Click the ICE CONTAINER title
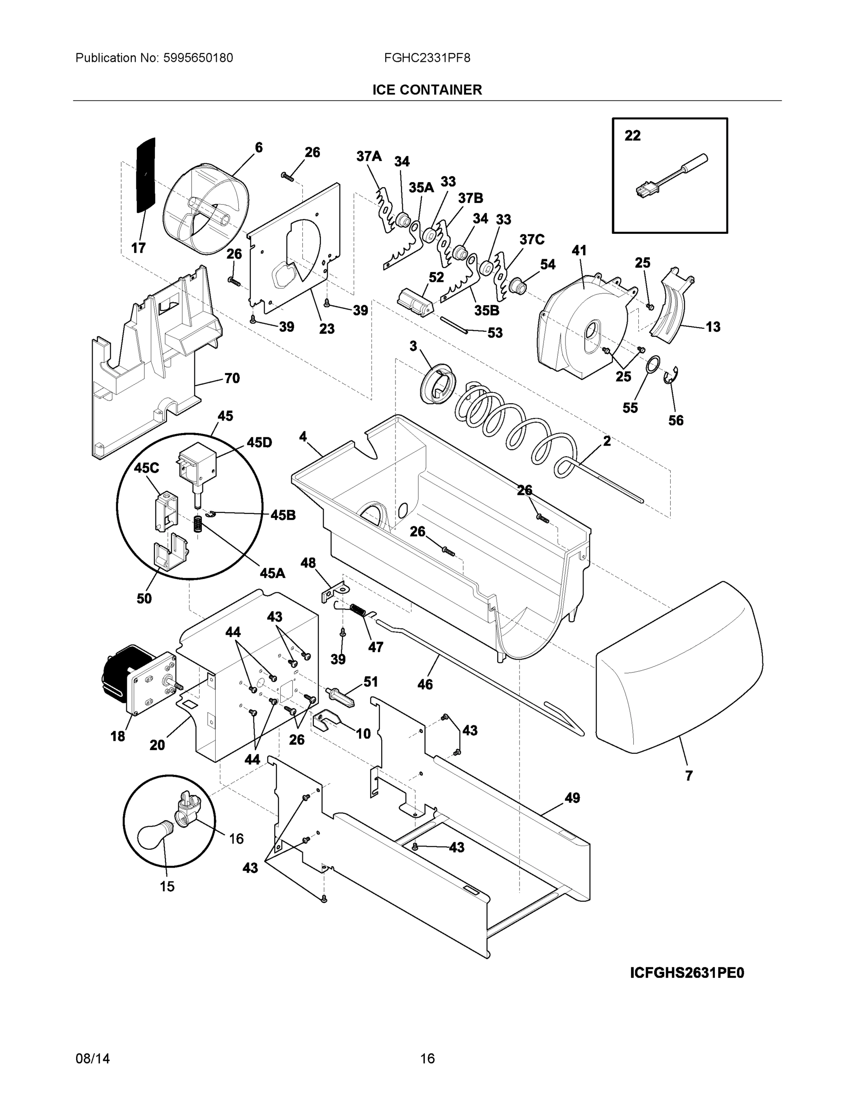click(x=427, y=90)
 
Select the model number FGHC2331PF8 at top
click(x=427, y=58)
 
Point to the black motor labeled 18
click(x=122, y=672)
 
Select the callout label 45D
click(x=259, y=442)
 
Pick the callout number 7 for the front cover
click(x=689, y=775)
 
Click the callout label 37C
click(x=531, y=239)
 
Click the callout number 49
click(x=572, y=798)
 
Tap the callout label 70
click(x=231, y=378)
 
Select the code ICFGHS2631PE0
click(x=687, y=973)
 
